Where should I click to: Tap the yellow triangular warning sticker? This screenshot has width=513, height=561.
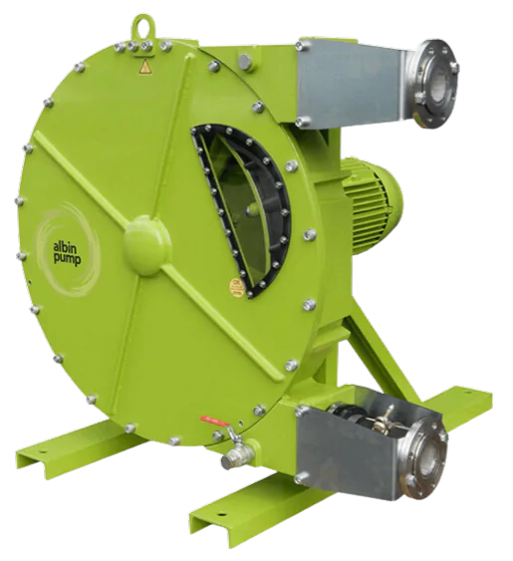[x=144, y=67]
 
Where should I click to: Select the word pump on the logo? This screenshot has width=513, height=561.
[x=68, y=259]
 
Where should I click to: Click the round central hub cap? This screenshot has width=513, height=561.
[x=146, y=245]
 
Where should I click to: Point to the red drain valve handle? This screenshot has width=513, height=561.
[x=214, y=421]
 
